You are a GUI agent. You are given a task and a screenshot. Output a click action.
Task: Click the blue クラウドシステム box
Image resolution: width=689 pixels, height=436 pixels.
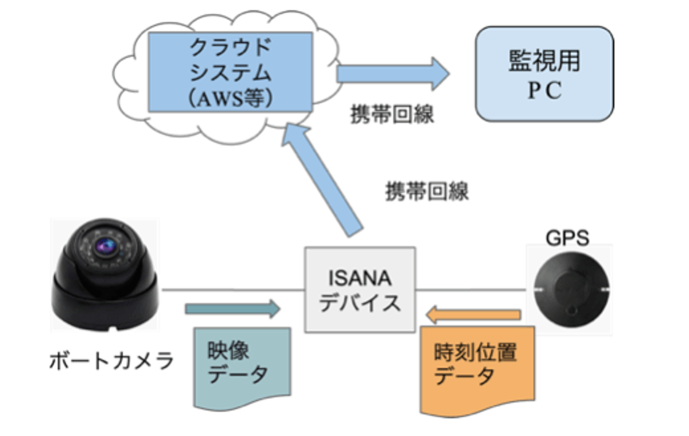click(230, 72)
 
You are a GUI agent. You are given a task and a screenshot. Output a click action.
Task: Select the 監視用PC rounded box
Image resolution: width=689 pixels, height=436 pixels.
click(544, 74)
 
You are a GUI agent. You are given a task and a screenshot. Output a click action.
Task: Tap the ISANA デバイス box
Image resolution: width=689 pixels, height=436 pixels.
click(360, 290)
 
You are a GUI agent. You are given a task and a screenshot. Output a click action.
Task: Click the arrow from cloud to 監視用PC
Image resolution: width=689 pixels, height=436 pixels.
click(392, 74)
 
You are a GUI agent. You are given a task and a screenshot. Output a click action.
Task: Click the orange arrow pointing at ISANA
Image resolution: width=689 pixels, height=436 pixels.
click(473, 315)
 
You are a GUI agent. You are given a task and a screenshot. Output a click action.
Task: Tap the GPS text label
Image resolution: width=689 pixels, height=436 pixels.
click(567, 238)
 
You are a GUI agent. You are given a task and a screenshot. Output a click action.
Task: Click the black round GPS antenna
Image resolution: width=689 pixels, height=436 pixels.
click(571, 290)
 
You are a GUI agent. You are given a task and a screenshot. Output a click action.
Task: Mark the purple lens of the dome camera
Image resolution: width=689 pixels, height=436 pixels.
click(105, 246)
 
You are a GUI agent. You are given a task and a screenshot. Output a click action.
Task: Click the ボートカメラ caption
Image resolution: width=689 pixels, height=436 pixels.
click(111, 361)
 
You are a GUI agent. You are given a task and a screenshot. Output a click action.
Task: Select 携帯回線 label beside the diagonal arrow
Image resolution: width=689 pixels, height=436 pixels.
click(427, 191)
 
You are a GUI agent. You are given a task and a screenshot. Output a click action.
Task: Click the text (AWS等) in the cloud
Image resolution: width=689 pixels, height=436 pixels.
click(230, 99)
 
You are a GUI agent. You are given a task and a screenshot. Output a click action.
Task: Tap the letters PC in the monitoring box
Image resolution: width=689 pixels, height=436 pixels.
click(545, 90)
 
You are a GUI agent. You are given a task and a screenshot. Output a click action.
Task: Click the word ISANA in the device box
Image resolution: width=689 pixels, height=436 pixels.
click(360, 278)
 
